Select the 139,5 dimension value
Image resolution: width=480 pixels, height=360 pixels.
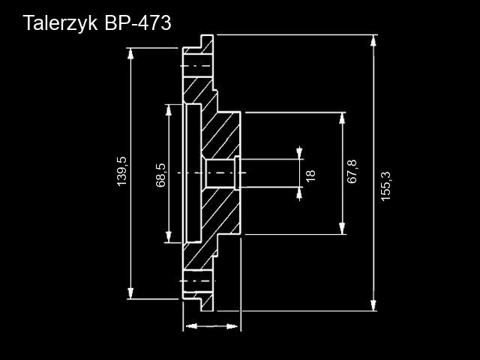(x=123, y=172)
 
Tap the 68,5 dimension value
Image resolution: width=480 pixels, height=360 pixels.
(x=160, y=174)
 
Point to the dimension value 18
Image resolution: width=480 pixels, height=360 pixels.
(x=310, y=175)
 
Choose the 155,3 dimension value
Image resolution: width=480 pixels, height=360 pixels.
(x=387, y=184)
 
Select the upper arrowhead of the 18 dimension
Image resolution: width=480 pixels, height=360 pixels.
(x=300, y=154)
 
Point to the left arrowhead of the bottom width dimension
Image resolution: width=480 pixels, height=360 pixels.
(x=189, y=326)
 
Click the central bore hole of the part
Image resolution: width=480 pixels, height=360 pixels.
(x=219, y=174)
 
